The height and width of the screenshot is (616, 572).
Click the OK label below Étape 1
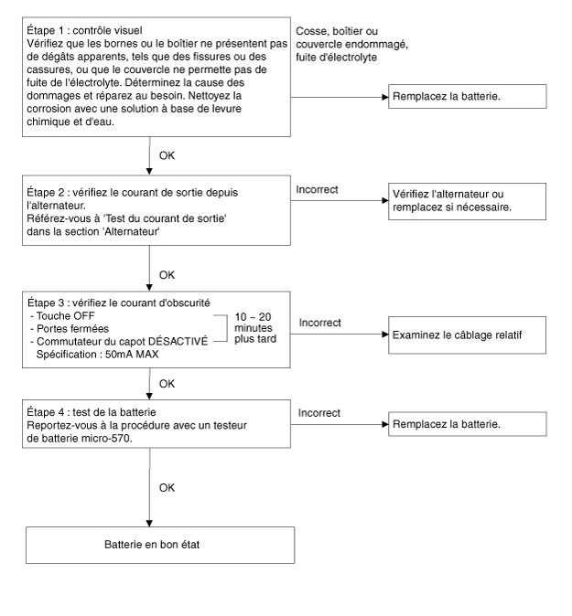167,155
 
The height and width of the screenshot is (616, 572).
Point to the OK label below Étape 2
167,275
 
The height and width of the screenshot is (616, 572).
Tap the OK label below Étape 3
167,384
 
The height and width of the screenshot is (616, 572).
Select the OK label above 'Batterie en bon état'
167,487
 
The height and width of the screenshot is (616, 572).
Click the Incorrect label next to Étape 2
317,189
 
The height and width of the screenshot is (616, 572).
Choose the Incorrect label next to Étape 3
319,323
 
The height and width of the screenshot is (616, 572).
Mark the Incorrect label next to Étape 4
319,413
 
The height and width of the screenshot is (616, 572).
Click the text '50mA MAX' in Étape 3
132,355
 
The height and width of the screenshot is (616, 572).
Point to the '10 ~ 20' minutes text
253,316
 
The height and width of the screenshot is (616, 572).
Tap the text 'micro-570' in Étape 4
106,438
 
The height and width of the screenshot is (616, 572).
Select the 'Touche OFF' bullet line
63,316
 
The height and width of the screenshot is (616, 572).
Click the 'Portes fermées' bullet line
70,329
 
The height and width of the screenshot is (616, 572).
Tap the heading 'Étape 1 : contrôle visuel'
84,30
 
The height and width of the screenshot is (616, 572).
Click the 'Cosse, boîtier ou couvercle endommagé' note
352,37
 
